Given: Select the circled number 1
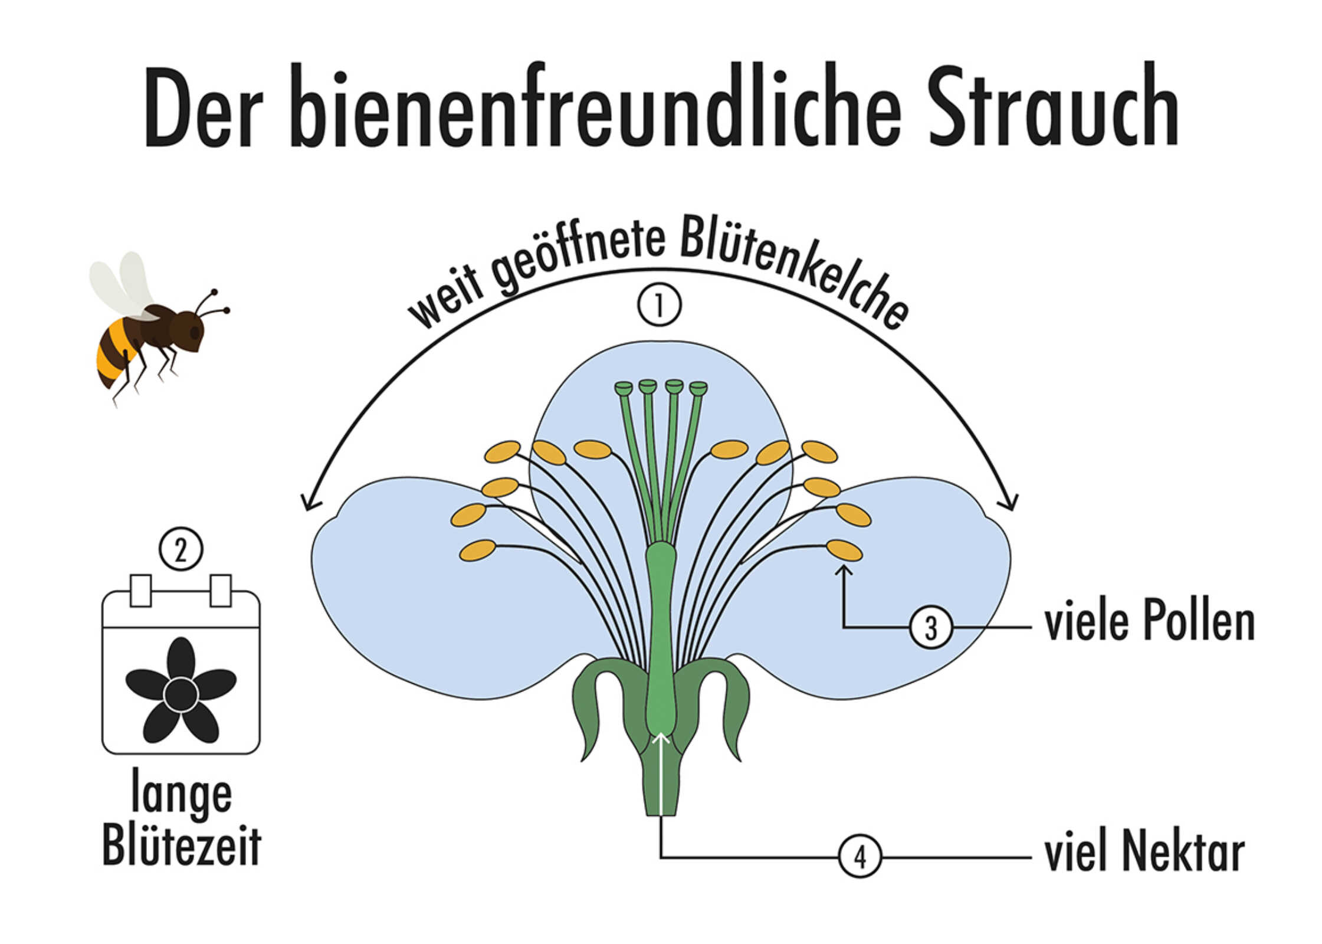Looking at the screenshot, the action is (659, 306).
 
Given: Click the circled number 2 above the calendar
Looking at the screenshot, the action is (181, 549).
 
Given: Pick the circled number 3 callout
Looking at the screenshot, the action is (931, 627).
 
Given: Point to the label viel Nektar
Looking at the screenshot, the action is (1144, 852).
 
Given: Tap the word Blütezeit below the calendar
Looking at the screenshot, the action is (182, 845).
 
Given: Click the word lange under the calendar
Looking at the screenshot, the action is (182, 794).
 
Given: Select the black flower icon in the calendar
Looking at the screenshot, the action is (181, 690).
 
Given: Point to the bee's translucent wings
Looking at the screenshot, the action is (123, 285).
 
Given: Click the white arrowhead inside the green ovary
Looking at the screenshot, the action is (661, 737).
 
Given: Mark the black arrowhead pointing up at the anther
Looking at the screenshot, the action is (844, 570).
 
